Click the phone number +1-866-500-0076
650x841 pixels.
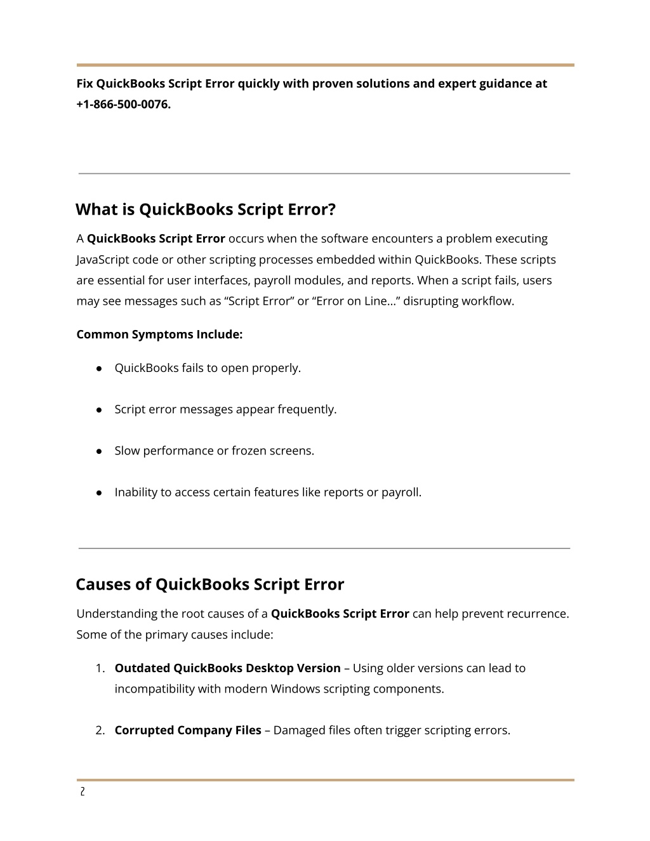[123, 104]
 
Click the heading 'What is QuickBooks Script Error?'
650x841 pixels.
[205, 209]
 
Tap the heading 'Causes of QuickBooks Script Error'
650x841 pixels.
[209, 584]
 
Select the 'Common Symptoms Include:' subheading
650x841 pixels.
[159, 334]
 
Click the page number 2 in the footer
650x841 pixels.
[82, 792]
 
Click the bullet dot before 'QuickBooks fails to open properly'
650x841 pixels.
[100, 368]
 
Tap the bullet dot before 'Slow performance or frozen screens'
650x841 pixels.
[100, 451]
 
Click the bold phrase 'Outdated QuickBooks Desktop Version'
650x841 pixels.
[227, 668]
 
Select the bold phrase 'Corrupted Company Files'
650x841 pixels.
[188, 731]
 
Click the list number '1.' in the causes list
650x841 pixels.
[100, 668]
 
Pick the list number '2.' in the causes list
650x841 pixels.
[100, 731]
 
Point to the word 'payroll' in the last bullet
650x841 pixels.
[400, 493]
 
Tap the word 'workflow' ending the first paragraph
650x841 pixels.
[488, 301]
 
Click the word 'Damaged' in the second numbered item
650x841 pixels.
[298, 731]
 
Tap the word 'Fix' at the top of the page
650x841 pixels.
[85, 84]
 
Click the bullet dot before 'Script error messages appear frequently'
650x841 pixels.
[100, 410]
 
